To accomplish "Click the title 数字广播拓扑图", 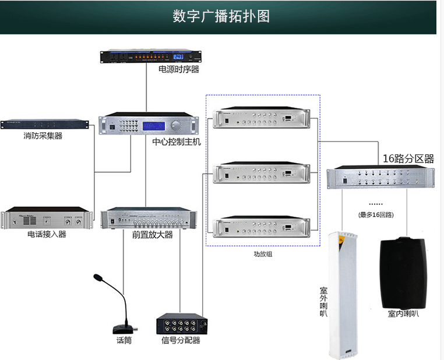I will (x=221, y=16).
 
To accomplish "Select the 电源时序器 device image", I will (x=150, y=57).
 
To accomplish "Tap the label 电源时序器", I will (x=179, y=69).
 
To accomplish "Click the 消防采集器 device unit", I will (x=45, y=124).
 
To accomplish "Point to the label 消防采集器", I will (x=43, y=136).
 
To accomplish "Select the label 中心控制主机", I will (x=176, y=142).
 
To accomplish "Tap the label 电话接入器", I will (x=47, y=234).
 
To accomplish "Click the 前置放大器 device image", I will (x=149, y=218).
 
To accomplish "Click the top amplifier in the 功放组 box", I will (x=262, y=118).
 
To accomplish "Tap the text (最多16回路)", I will (x=376, y=214).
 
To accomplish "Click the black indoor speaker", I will (x=404, y=271).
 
